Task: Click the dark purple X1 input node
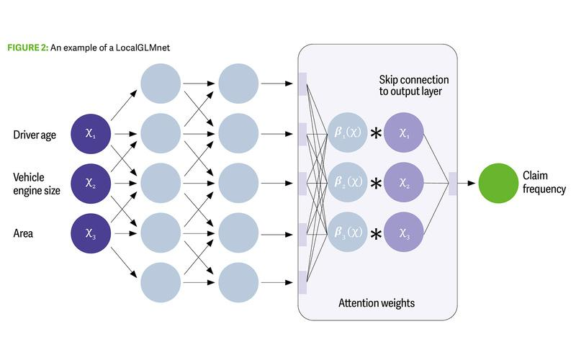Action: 90,135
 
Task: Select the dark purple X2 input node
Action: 90,183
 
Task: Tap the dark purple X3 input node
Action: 90,232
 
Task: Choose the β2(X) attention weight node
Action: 347,183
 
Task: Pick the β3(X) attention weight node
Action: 347,232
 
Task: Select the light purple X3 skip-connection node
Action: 404,232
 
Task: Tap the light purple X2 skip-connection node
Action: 404,183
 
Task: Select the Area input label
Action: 24,232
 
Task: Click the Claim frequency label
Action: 544,183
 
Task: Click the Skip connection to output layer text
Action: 413,86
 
